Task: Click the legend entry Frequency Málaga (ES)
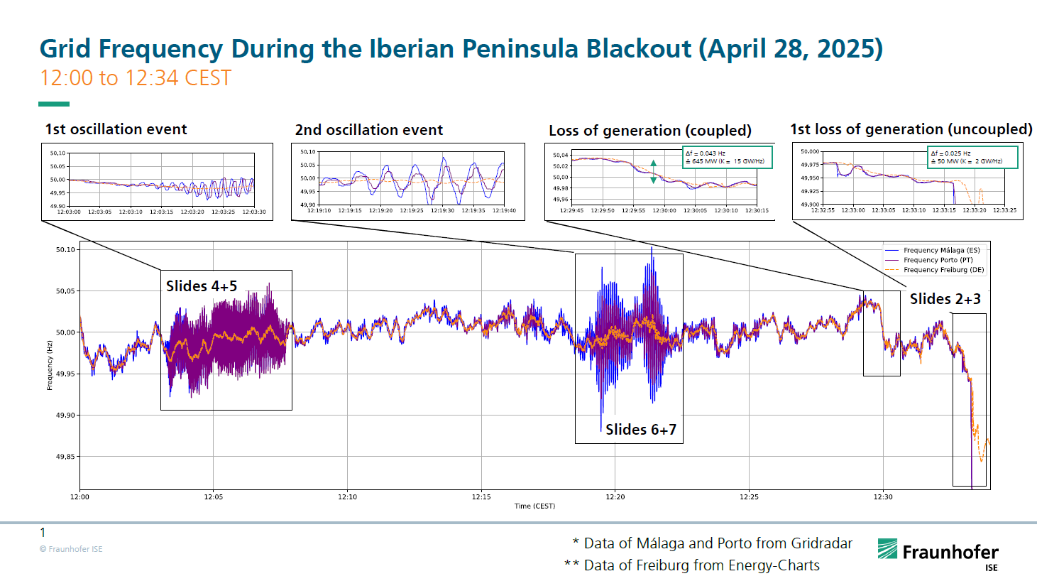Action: click(x=941, y=250)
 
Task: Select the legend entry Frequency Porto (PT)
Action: click(x=938, y=260)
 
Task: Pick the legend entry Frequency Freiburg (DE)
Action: click(x=943, y=270)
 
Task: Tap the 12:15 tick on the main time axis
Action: click(x=481, y=496)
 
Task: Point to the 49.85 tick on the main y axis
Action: click(x=65, y=457)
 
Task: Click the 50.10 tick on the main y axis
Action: click(x=65, y=250)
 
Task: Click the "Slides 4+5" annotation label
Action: click(x=202, y=286)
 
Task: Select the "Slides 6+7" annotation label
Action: click(x=641, y=430)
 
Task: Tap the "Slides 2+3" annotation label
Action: click(x=945, y=299)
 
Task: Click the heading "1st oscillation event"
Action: click(x=116, y=129)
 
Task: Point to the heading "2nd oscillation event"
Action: click(x=369, y=130)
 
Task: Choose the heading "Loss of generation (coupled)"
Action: click(x=650, y=131)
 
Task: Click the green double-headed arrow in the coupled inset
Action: click(x=654, y=172)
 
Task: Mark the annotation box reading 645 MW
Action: click(x=728, y=157)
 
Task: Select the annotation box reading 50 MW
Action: click(x=973, y=157)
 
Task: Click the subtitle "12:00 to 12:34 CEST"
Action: click(x=136, y=78)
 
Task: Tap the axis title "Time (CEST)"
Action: click(x=534, y=506)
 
